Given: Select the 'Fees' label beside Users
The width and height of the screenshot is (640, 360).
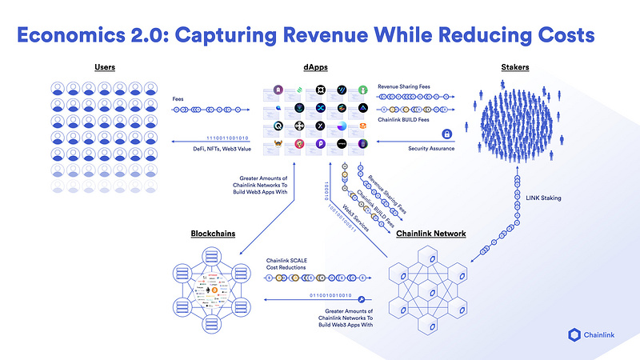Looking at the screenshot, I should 179,98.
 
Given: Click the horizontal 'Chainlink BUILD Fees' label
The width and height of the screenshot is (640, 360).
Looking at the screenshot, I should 408,121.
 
